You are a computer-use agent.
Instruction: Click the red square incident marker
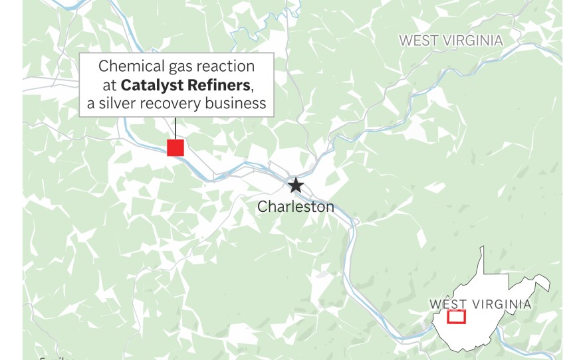175,147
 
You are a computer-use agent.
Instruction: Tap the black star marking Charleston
296,185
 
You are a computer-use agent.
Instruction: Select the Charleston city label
296,207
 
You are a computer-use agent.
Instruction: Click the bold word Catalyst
152,85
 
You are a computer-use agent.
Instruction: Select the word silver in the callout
117,104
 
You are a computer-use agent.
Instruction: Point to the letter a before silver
90,104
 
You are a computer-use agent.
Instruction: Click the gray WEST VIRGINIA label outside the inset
451,41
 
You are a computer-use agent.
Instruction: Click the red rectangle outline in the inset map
457,317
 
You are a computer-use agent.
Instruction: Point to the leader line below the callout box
175,128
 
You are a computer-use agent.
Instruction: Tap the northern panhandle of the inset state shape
482,256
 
